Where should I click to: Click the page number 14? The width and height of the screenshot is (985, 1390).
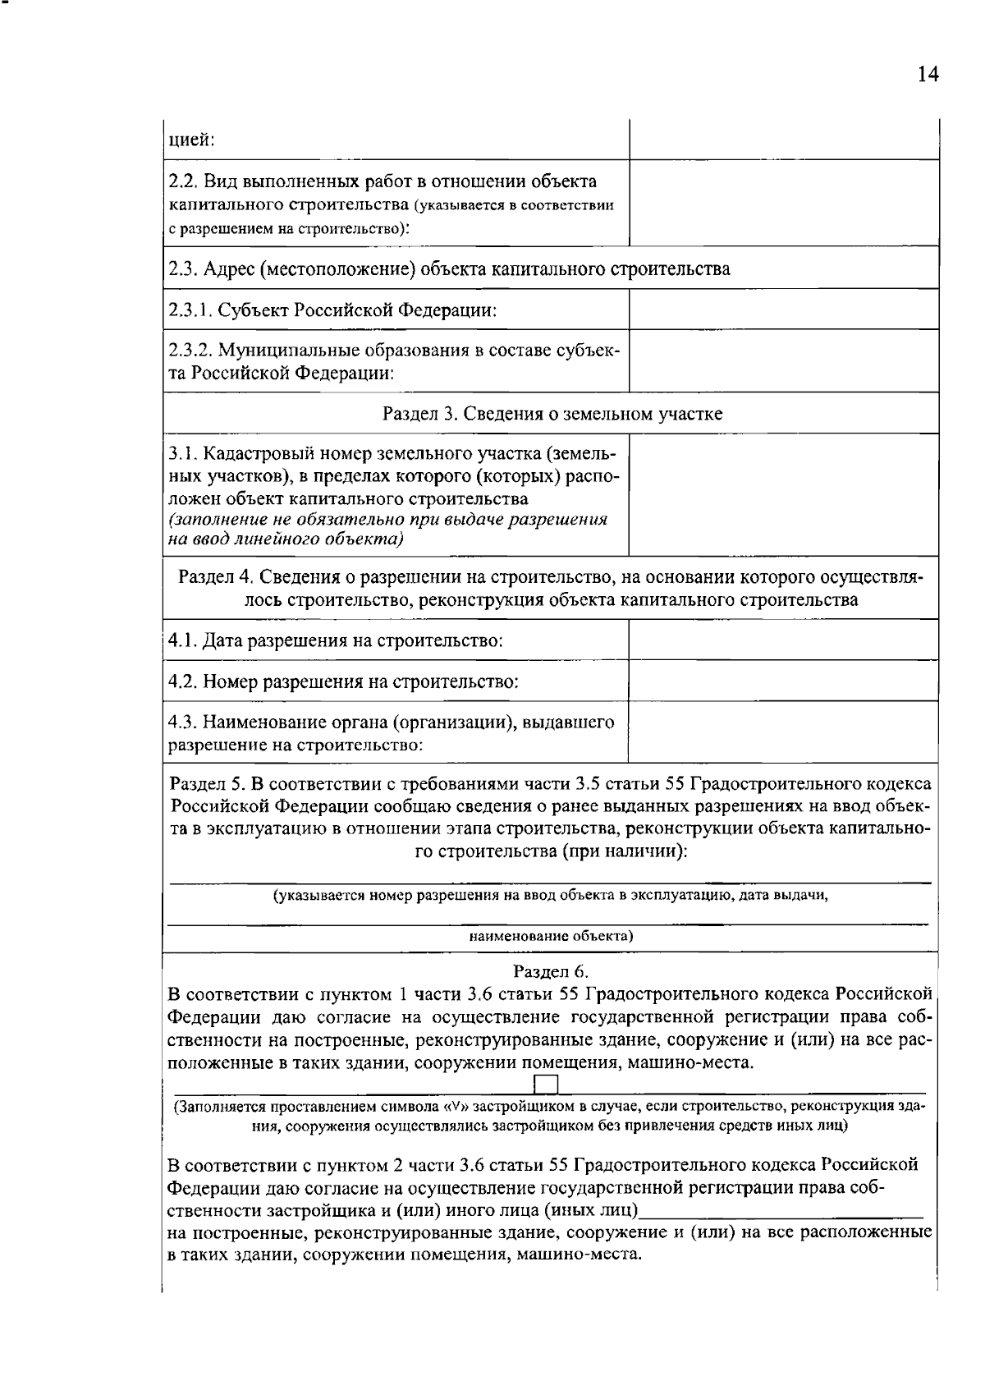(927, 75)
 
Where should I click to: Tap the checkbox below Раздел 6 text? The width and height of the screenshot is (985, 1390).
(547, 1085)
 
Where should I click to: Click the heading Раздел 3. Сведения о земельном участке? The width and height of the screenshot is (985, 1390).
(552, 413)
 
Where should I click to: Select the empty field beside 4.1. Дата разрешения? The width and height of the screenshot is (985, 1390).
(783, 640)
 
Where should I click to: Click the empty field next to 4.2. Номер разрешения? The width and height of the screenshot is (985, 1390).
(783, 681)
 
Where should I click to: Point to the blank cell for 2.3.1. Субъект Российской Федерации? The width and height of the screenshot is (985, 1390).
(783, 310)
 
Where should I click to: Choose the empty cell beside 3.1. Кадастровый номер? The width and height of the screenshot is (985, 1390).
(783, 494)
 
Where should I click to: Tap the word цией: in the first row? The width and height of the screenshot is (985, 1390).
(191, 140)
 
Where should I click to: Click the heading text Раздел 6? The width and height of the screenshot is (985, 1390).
(551, 971)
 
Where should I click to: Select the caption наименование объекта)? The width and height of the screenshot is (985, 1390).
(551, 936)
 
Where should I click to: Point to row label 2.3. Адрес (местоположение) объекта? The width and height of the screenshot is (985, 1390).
(449, 268)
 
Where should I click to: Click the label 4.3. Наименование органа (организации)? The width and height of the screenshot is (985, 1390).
(391, 723)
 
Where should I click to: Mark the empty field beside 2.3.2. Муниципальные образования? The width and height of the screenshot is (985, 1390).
(783, 361)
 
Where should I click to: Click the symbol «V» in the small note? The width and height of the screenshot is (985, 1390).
(454, 1106)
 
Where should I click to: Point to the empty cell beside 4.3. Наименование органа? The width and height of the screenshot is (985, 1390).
(783, 732)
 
